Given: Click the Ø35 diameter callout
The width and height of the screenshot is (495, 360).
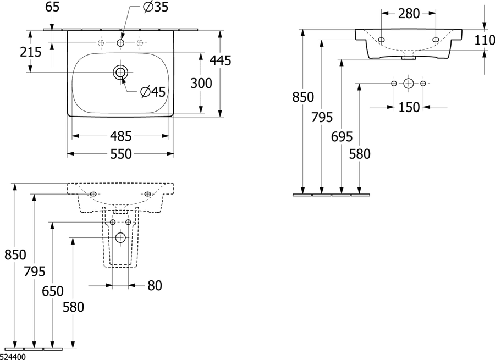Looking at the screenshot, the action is pyautogui.click(x=155, y=7).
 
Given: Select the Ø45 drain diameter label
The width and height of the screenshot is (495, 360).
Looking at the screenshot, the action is pyautogui.click(x=153, y=92).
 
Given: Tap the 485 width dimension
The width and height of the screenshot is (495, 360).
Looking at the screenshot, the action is pyautogui.click(x=120, y=136).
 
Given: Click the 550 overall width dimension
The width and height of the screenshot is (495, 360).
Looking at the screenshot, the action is pyautogui.click(x=120, y=154).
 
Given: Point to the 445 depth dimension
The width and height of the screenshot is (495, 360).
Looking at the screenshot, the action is pyautogui.click(x=221, y=60).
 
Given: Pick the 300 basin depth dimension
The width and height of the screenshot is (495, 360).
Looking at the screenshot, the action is pyautogui.click(x=201, y=84).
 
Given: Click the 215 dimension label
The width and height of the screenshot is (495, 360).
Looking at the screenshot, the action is pyautogui.click(x=31, y=52).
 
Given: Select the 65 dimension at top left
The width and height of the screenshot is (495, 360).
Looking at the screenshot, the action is pyautogui.click(x=52, y=7).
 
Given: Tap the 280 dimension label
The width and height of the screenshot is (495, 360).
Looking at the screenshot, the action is pyautogui.click(x=409, y=14).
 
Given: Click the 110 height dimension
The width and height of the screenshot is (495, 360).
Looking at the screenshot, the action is pyautogui.click(x=485, y=40).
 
